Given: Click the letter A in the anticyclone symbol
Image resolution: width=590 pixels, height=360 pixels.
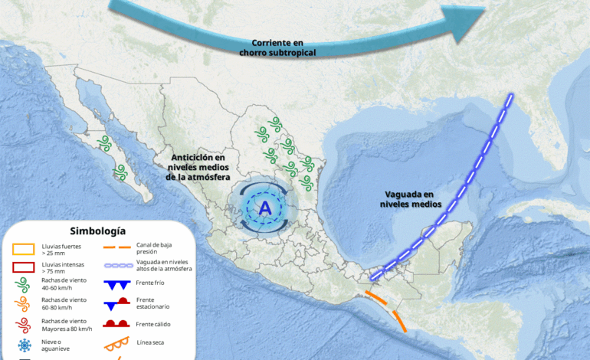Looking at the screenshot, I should pyautogui.click(x=264, y=208).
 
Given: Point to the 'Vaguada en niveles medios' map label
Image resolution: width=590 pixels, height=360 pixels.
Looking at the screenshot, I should pyautogui.click(x=411, y=199).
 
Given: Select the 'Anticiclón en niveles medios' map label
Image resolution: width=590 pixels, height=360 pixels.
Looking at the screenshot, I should pyautogui.click(x=198, y=166).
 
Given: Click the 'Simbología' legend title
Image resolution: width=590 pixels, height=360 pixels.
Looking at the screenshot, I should pyautogui.click(x=97, y=231).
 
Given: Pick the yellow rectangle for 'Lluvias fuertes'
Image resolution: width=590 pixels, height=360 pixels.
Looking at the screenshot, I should pyautogui.click(x=25, y=249).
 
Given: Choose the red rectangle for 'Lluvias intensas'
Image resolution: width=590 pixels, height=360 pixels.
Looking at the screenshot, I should pyautogui.click(x=25, y=267).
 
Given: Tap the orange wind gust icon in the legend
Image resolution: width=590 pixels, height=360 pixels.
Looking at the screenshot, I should pyautogui.click(x=24, y=305).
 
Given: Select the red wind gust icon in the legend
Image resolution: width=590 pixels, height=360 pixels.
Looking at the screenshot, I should pyautogui.click(x=24, y=324).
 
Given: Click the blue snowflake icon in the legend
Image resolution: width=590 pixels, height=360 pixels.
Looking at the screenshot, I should pyautogui.click(x=25, y=345).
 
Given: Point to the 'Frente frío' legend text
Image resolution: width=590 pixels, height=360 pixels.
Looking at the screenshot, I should pyautogui.click(x=149, y=283).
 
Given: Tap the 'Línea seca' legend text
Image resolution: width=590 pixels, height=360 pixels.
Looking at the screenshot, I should pyautogui.click(x=150, y=342).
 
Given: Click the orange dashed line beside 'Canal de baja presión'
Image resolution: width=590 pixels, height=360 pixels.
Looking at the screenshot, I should pyautogui.click(x=116, y=247).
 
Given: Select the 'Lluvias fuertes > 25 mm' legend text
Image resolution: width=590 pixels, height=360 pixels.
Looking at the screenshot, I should pyautogui.click(x=61, y=249).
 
